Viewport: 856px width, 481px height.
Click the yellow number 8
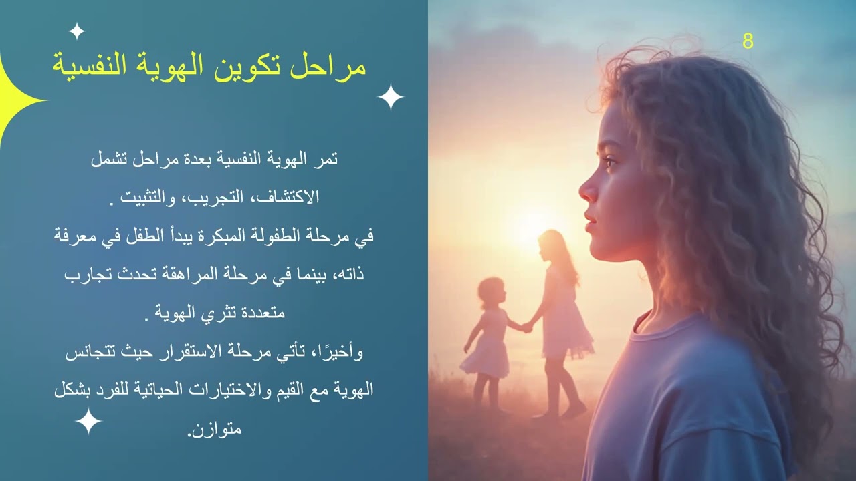[748, 41]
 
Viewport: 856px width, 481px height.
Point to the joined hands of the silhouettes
[527, 327]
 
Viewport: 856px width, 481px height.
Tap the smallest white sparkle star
[77, 31]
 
